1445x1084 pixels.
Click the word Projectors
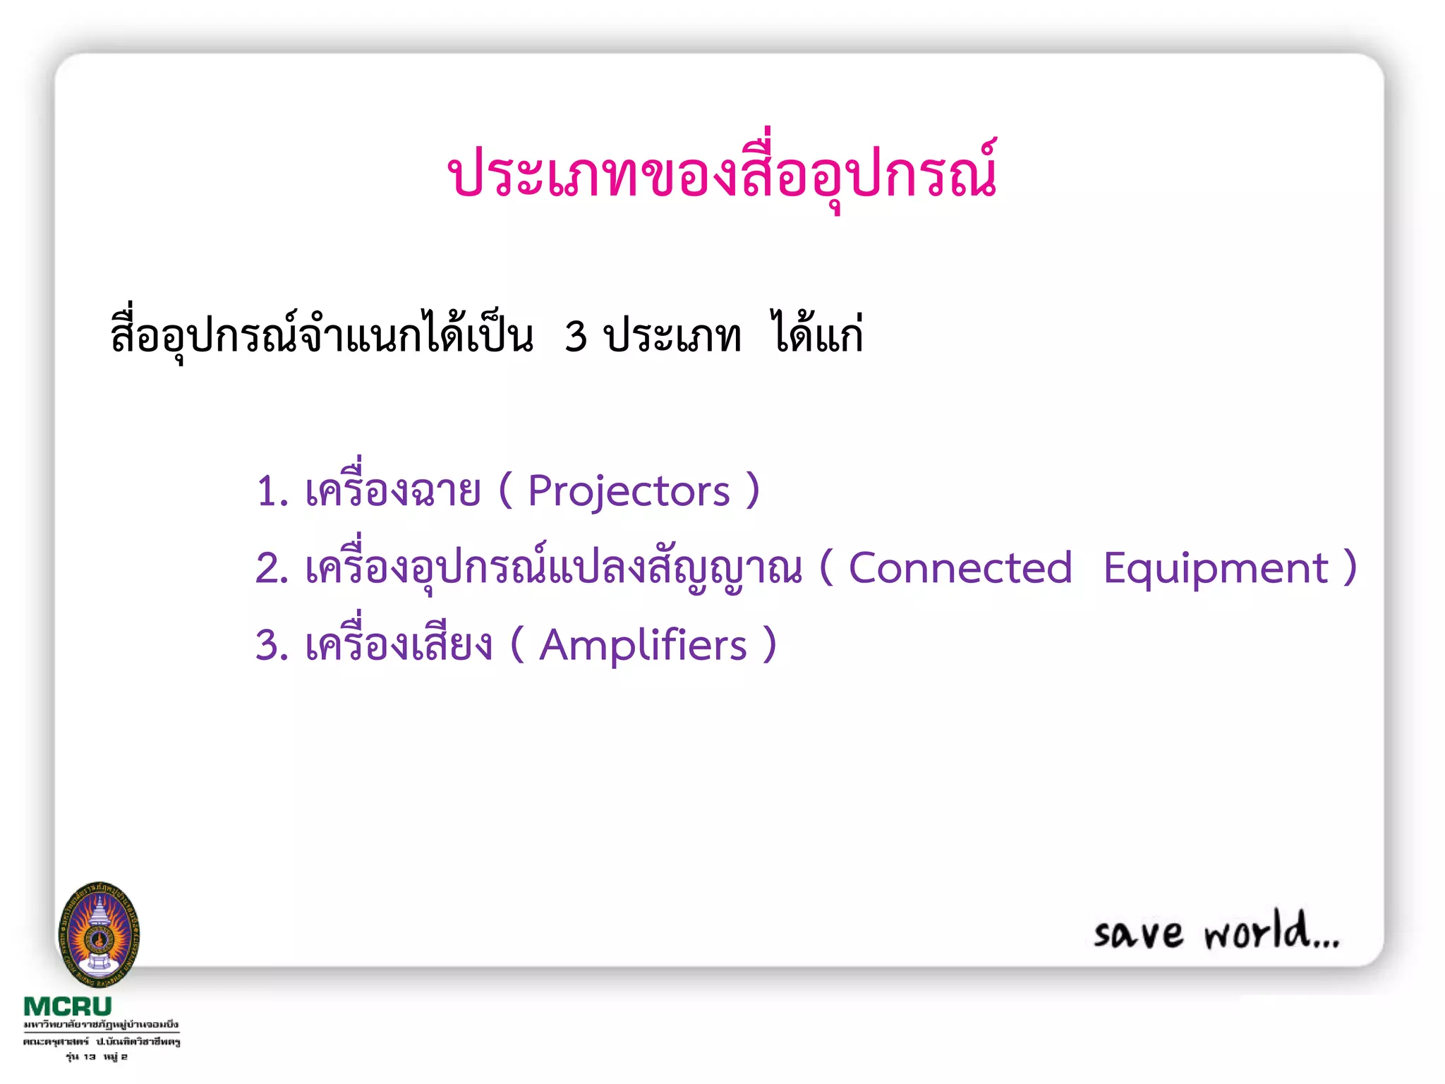[x=629, y=491]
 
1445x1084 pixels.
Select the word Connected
[x=960, y=568]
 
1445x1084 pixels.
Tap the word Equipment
[x=1215, y=568]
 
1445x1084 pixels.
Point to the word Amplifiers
[x=643, y=646]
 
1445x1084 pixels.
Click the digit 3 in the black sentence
[x=576, y=337]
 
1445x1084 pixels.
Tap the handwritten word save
[x=1138, y=934]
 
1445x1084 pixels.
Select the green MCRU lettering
[x=68, y=1006]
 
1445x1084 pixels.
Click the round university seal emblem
[x=99, y=934]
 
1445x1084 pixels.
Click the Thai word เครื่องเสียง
[x=398, y=642]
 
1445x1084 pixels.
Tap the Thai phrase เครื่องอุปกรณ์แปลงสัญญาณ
[x=553, y=567]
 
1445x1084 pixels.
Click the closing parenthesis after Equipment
[x=1350, y=568]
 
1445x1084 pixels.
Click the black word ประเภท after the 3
[x=672, y=337]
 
